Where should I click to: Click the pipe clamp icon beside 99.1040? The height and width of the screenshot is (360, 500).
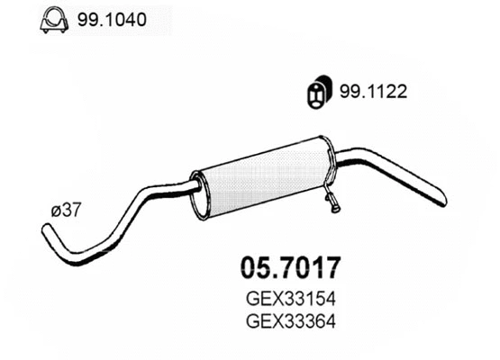point(53,20)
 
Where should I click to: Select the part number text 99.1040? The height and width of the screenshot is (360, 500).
point(106,19)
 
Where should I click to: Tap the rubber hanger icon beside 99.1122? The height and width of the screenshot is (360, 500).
point(318,93)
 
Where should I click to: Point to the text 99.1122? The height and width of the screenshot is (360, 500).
point(370,91)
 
